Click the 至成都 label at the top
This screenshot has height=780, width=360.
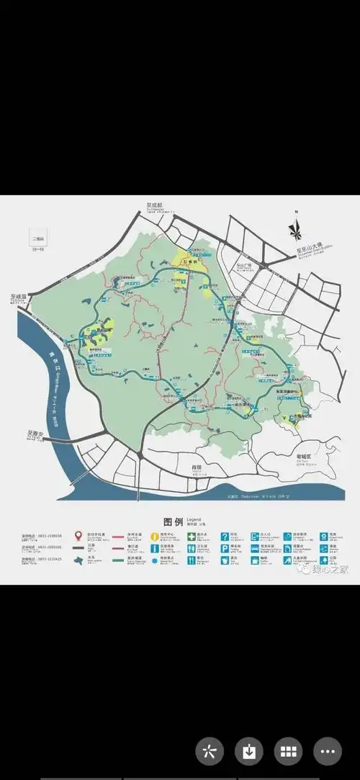[154, 205]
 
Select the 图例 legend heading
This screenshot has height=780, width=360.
[174, 521]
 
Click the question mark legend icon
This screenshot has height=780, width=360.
[225, 537]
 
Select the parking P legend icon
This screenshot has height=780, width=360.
[225, 548]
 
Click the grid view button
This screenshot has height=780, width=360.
[289, 751]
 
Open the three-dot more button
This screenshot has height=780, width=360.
[328, 751]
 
